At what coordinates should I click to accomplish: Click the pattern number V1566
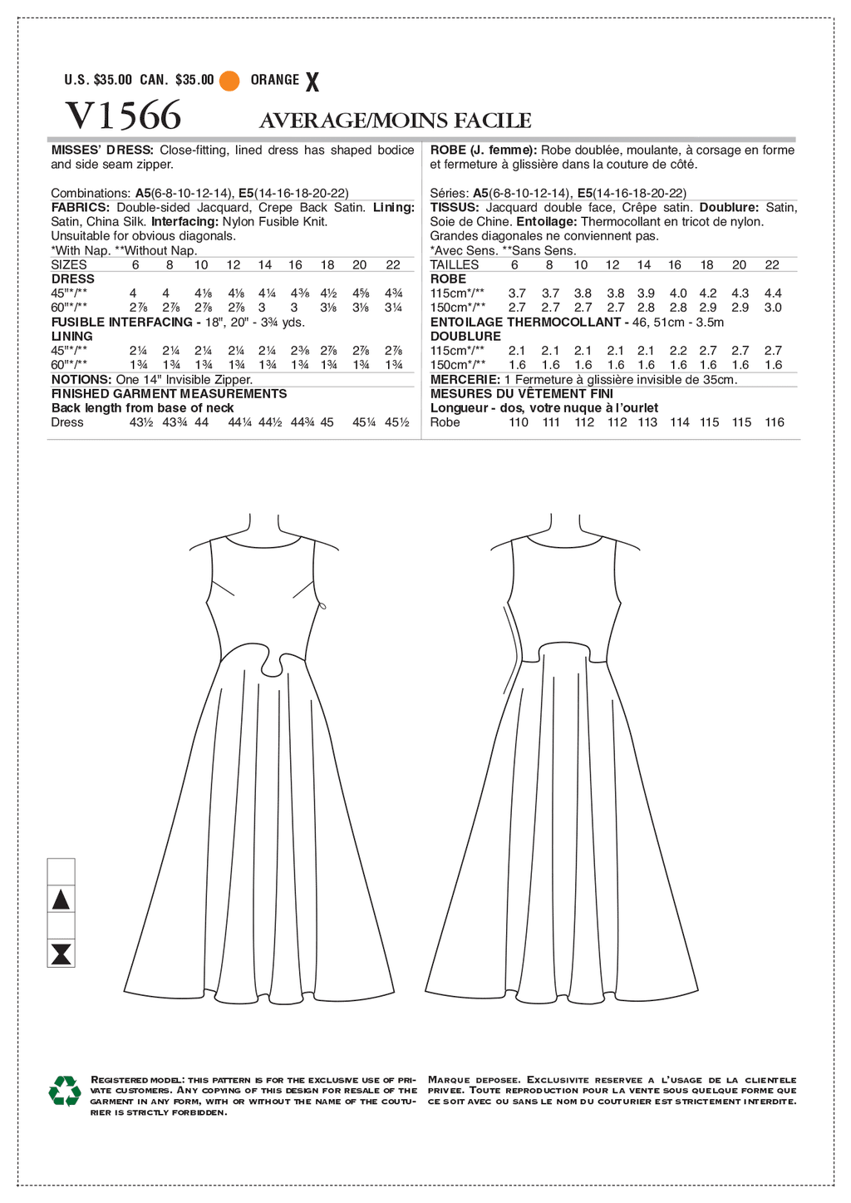point(123,116)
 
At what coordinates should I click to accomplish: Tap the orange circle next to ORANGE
point(230,81)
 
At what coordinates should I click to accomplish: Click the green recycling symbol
point(64,1091)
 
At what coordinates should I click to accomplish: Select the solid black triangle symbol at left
point(61,900)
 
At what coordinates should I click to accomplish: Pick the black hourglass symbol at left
point(61,954)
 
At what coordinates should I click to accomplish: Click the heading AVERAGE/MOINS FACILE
point(395,121)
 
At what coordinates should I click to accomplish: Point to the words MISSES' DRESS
point(102,150)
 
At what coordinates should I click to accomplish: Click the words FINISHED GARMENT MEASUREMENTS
point(169,393)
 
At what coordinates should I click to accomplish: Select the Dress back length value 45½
point(396,422)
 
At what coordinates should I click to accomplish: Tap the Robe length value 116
point(774,422)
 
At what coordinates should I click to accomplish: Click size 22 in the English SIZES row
point(393,264)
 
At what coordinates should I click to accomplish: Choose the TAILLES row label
point(454,264)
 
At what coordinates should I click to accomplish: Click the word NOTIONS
point(81,379)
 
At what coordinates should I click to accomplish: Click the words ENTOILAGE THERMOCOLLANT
point(525,322)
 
